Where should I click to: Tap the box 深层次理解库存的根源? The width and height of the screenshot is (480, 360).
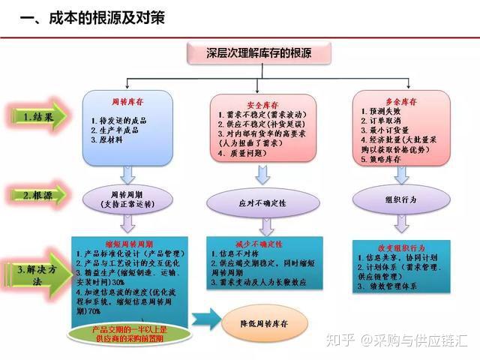click(x=259, y=52)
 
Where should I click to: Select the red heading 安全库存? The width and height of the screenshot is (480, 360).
click(x=262, y=104)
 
